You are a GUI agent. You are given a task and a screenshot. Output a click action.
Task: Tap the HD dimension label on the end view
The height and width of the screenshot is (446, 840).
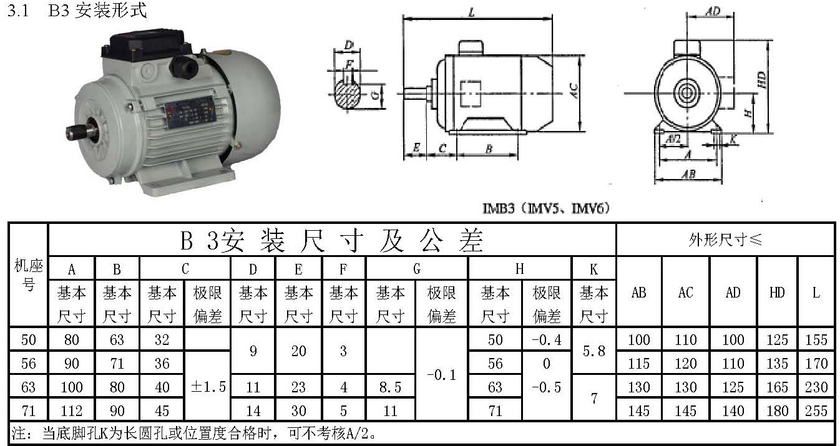pos(761,80)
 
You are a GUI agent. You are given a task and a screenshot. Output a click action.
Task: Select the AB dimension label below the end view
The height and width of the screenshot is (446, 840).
pos(688,175)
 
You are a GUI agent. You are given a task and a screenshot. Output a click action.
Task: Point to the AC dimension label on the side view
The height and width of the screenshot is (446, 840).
pos(574,91)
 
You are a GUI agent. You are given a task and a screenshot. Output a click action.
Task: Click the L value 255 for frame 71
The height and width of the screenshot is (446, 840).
pos(816,410)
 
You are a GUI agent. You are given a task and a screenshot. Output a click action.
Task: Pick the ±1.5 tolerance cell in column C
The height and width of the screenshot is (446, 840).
pos(208,387)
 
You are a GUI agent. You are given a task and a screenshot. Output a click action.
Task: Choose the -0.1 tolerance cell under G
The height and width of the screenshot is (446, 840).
pos(441,375)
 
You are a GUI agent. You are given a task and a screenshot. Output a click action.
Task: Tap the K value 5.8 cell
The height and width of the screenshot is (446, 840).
pos(593,352)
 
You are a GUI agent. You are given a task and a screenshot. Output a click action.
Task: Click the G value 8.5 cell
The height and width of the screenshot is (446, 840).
pos(390,387)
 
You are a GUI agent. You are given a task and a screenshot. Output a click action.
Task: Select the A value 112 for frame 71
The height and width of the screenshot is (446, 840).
pos(72,410)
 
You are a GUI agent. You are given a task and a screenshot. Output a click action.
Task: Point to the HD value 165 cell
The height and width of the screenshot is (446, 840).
pos(776,387)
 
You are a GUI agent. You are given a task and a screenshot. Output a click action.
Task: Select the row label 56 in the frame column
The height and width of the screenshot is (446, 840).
pos(28,363)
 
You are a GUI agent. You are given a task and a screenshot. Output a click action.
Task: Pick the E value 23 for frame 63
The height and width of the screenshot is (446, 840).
pos(298,387)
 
